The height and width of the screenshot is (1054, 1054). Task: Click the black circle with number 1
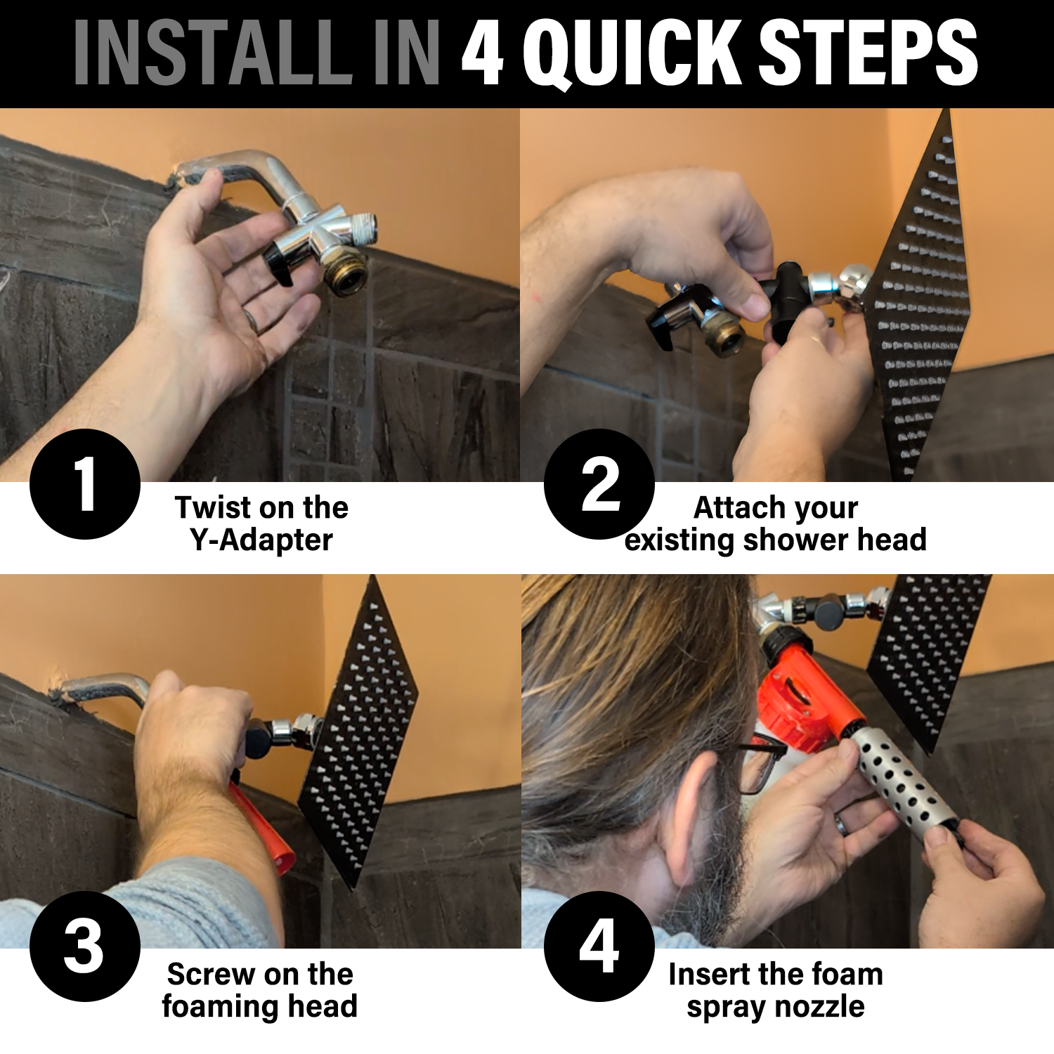tap(85, 484)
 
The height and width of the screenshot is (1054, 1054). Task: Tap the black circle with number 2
tap(599, 484)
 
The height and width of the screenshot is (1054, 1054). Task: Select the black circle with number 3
tap(85, 946)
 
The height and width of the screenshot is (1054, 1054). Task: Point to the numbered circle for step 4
tap(599, 946)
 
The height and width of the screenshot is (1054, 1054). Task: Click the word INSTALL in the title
tap(212, 53)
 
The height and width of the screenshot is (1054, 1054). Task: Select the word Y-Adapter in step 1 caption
tap(261, 540)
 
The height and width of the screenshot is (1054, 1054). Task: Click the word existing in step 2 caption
tap(679, 540)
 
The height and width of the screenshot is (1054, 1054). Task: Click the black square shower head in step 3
tap(358, 731)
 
